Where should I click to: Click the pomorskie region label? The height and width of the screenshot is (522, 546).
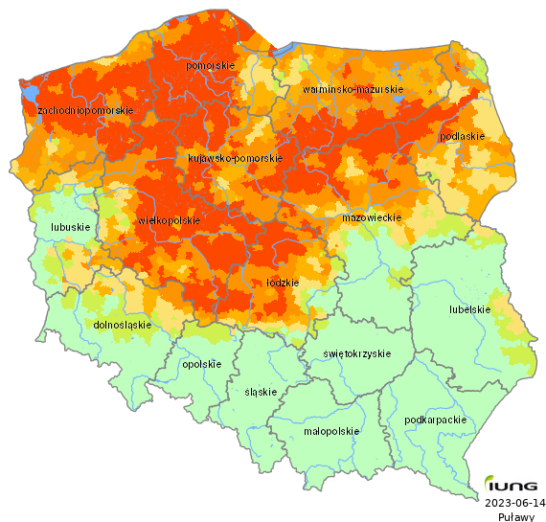point(211,65)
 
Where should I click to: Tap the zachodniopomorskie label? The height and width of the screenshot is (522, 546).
point(84,111)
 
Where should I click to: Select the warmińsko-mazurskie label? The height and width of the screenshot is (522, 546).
point(353,89)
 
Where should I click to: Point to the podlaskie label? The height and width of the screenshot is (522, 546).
point(461,136)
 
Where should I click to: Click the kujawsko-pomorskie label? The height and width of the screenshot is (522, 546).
point(235,158)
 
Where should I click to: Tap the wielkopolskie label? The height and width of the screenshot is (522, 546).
point(170,220)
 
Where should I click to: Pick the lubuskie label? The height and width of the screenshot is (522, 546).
point(71,228)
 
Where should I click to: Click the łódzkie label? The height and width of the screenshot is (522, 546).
point(283,284)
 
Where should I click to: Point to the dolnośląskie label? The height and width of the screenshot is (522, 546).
point(123,325)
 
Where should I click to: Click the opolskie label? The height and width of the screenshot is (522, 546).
point(201,364)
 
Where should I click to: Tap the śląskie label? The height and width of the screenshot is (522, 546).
point(261,392)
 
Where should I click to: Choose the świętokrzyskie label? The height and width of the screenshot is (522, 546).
point(357,353)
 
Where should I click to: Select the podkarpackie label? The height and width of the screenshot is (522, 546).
point(436,420)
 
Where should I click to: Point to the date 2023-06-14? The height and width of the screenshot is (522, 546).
point(515,502)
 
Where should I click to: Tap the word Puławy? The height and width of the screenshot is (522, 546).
point(515,516)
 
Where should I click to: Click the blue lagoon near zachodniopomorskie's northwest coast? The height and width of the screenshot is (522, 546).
point(29,94)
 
